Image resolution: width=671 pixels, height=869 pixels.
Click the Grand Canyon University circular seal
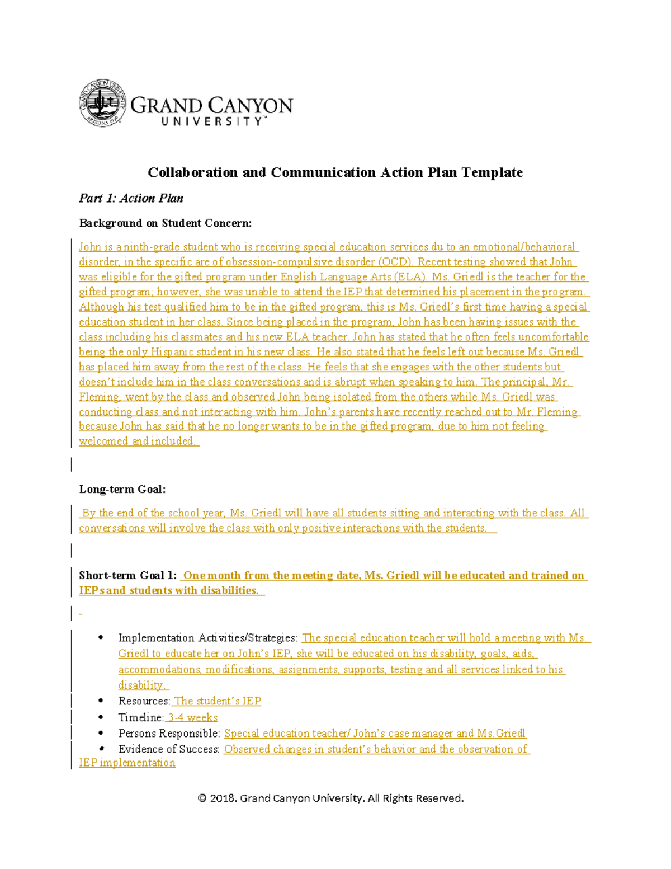point(102,103)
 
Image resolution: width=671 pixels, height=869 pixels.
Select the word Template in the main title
point(492,172)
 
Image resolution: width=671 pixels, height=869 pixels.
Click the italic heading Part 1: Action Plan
point(131,198)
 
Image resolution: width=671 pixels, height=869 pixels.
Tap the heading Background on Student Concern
point(165,223)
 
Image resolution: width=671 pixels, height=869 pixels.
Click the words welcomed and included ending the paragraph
point(137,441)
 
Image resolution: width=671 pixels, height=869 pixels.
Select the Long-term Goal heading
point(122,490)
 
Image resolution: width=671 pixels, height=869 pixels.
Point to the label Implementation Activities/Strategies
point(207,638)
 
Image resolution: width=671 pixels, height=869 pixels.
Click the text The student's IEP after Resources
point(218,701)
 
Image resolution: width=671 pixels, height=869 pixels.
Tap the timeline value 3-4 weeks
point(193,717)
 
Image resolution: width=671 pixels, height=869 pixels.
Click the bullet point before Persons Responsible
point(101,733)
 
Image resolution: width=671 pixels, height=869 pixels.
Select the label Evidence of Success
point(168,749)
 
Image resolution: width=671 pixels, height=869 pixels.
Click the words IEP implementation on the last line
point(127,763)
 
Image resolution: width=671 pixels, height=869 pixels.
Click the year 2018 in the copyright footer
point(223,798)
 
